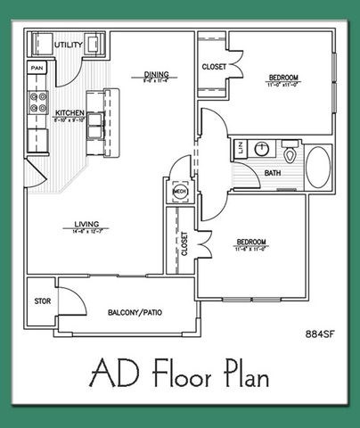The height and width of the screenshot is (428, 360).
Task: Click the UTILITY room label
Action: pyautogui.click(x=68, y=44)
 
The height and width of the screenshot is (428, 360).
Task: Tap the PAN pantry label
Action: pyautogui.click(x=37, y=68)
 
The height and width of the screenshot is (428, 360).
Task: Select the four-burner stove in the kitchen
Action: pyautogui.click(x=37, y=103)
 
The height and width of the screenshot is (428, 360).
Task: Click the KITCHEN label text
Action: pyautogui.click(x=70, y=113)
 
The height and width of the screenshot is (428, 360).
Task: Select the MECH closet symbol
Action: pyautogui.click(x=179, y=191)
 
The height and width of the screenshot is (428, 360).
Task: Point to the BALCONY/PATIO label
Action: pyautogui.click(x=127, y=314)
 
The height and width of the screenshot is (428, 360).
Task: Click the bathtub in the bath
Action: pyautogui.click(x=316, y=166)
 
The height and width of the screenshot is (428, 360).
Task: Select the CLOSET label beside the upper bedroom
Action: pyautogui.click(x=215, y=67)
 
